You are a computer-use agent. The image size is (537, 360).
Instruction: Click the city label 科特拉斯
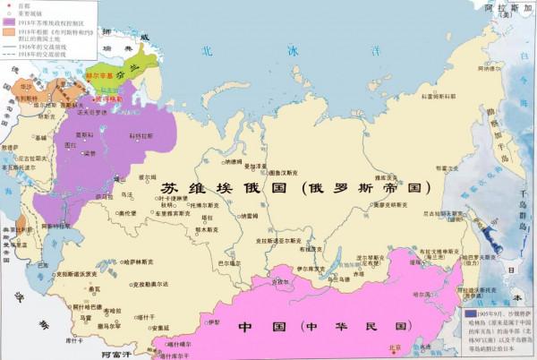(141, 138)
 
